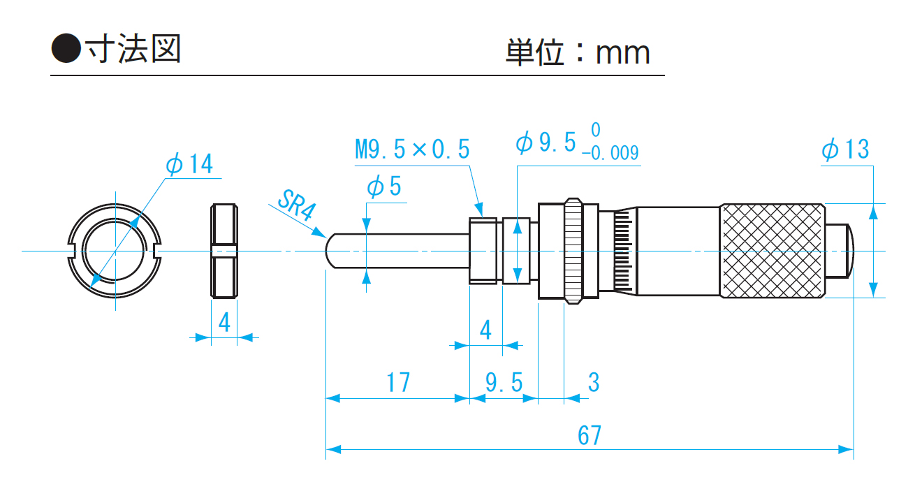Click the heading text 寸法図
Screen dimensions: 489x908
coord(133,49)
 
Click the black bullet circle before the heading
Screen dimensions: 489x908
coord(67,49)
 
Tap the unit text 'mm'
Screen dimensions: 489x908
coord(622,53)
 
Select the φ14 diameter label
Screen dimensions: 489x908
coord(189,164)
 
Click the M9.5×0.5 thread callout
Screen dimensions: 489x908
coord(412,149)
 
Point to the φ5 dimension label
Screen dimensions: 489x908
coord(384,187)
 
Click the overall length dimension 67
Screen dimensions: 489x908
coord(590,435)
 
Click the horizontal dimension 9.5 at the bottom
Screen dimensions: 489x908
coord(504,383)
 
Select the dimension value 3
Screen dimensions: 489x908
coord(594,383)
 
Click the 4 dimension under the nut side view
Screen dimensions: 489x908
coord(224,322)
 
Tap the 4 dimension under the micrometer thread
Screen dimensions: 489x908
coord(486,329)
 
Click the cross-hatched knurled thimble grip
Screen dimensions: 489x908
coord(772,251)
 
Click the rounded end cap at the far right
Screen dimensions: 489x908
coord(840,249)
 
